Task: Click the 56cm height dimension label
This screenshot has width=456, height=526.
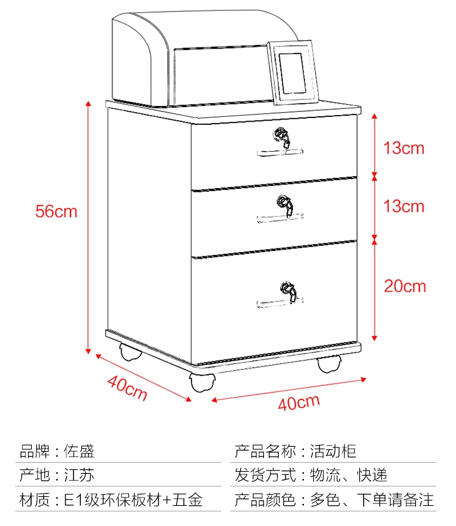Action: (56, 211)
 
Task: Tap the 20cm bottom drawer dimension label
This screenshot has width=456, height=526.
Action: (404, 286)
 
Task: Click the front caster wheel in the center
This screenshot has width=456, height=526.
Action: (202, 382)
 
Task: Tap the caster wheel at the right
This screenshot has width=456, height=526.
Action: (328, 365)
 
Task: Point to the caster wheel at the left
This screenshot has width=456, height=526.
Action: (130, 352)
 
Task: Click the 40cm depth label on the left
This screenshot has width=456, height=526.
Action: (127, 388)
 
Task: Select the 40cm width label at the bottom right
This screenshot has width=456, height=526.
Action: (299, 402)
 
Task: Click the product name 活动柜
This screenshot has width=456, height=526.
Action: (333, 451)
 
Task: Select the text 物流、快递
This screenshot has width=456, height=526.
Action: (348, 475)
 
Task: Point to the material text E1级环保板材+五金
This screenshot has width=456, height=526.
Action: (133, 500)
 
